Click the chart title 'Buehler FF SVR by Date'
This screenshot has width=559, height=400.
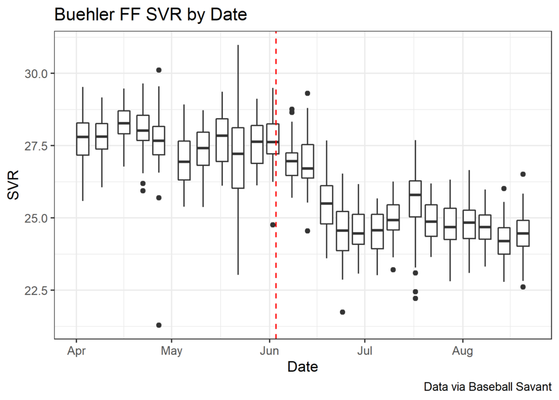(x=151, y=15)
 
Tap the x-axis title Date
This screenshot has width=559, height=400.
(x=302, y=366)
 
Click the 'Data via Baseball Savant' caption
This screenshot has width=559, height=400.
(x=487, y=387)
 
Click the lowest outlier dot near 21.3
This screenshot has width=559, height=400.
(x=159, y=325)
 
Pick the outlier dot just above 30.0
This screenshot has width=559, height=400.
(x=159, y=70)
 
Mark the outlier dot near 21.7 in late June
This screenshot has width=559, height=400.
(x=342, y=312)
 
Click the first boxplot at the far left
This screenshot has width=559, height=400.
(x=82, y=139)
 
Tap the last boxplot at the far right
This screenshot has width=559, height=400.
(x=523, y=233)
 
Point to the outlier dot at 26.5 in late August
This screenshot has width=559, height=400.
(x=523, y=174)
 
